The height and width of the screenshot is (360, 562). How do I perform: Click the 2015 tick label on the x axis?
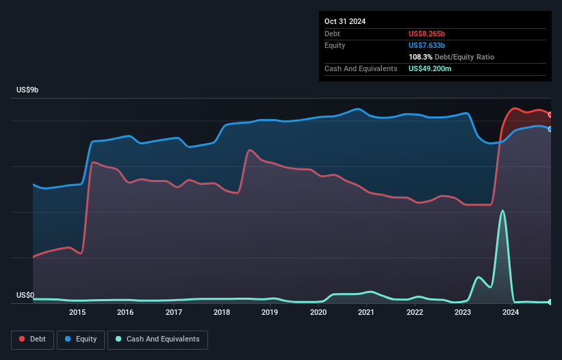point(77,313)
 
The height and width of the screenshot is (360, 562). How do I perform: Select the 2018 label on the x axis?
point(222,313)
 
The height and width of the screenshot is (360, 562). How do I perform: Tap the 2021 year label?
point(366,313)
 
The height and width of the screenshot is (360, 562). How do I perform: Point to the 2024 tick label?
point(510,313)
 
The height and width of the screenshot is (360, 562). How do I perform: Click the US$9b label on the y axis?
point(30,90)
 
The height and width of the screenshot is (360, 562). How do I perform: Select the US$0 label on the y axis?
point(26,296)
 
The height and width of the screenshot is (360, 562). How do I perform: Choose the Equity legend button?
point(81,339)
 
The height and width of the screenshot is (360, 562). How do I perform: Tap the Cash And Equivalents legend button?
point(157,339)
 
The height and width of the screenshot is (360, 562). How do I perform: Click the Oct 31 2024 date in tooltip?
point(345,21)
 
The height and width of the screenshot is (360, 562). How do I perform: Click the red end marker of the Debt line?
point(550,115)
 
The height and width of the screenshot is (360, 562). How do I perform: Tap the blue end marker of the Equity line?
point(550,129)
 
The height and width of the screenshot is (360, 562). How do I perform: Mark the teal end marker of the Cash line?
point(550,302)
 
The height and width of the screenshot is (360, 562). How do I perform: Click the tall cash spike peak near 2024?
point(503,211)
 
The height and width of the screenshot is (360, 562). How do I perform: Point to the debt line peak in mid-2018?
point(251,150)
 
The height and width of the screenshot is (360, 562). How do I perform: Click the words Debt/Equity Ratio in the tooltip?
point(465,57)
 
